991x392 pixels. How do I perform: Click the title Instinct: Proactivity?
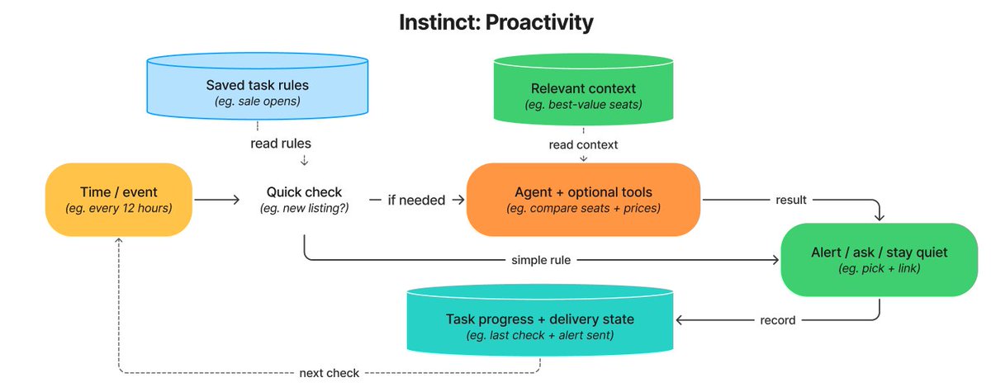point(496,22)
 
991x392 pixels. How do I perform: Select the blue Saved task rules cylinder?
point(258,86)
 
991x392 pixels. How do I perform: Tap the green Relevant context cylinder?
point(583,88)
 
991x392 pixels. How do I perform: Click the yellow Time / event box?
point(119,200)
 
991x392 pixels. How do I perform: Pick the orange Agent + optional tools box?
point(583,200)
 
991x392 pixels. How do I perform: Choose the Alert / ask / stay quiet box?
point(879,260)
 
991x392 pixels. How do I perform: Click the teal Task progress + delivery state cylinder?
point(540,320)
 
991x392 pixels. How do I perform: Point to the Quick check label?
point(304,192)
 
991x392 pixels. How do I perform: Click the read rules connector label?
point(281,144)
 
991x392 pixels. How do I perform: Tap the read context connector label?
point(583,144)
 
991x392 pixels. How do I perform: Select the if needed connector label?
point(416,201)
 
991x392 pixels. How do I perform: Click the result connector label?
point(791,200)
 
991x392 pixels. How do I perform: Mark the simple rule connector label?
point(541,260)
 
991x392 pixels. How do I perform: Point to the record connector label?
point(777,320)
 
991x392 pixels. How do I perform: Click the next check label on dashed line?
point(330,373)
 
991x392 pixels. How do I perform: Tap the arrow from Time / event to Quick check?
point(216,200)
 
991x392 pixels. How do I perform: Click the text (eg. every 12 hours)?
point(119,208)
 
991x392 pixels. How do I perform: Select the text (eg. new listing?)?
point(304,208)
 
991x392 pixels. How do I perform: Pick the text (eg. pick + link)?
point(879,268)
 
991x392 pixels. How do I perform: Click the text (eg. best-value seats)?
point(583,105)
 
